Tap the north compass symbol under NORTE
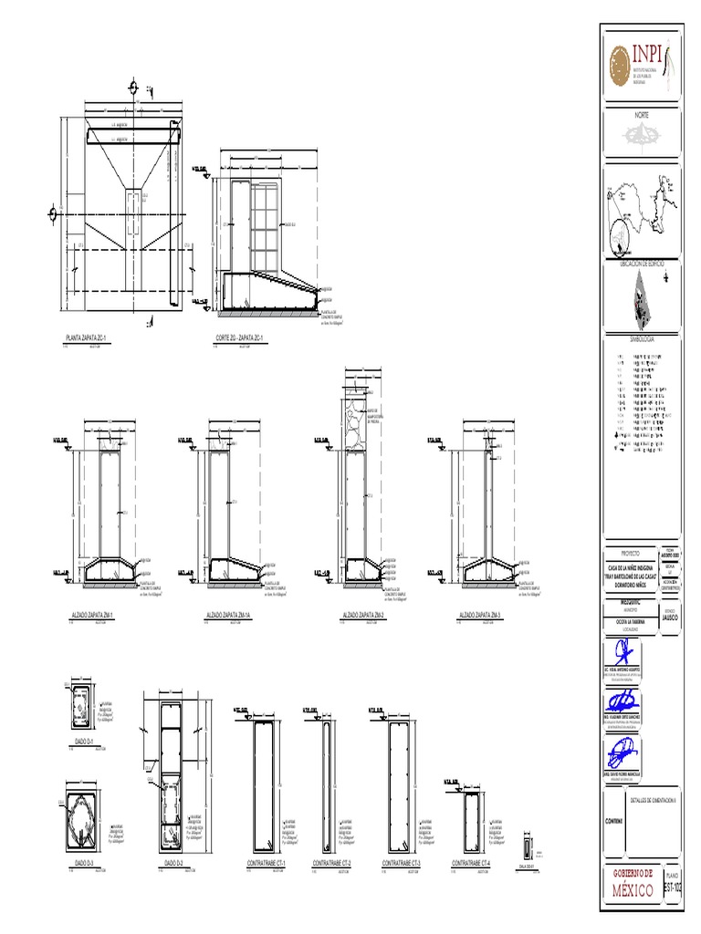click(x=642, y=136)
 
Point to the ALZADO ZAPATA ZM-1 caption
click(x=99, y=617)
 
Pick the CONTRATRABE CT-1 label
click(x=267, y=863)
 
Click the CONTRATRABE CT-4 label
click(x=471, y=863)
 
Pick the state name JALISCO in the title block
click(x=671, y=616)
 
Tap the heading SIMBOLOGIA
click(x=642, y=337)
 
